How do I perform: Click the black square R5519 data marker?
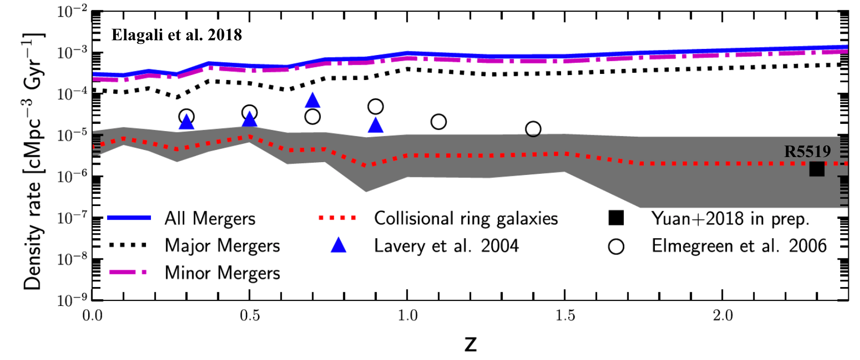point(817,169)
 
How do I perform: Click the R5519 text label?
point(807,151)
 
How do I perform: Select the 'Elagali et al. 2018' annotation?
point(176,35)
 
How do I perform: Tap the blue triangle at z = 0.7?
point(313,101)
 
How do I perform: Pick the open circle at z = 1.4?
point(533,129)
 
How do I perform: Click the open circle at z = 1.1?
point(439,122)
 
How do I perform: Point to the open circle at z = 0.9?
point(375,107)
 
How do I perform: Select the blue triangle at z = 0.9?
point(375,125)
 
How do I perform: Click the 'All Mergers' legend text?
point(210,218)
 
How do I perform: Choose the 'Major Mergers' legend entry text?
point(222,245)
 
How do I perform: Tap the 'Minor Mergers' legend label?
point(222,273)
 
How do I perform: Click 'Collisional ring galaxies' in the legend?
point(466,218)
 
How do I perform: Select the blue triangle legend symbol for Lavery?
point(338,246)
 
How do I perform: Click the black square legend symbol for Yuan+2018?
point(616,218)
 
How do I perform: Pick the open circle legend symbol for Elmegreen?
point(616,247)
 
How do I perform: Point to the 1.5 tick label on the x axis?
point(565,316)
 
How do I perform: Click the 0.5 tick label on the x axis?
point(249,316)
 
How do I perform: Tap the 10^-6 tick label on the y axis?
point(72,176)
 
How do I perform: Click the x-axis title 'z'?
point(470,344)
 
